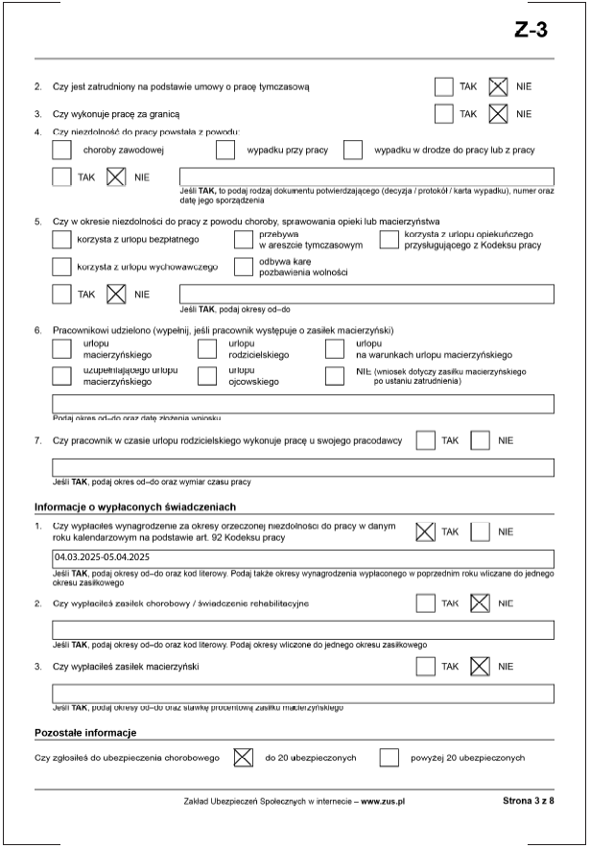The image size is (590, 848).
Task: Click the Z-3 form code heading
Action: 531,31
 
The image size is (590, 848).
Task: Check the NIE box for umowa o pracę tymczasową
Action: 499,87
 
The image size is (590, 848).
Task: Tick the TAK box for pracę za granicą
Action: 443,114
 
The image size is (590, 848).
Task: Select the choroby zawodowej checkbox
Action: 61,150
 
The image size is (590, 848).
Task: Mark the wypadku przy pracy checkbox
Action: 225,150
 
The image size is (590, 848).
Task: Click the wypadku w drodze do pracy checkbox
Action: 353,150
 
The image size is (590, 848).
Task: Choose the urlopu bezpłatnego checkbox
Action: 61,240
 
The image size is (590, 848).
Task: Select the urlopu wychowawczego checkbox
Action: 61,266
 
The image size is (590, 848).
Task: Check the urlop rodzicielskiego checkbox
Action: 207,348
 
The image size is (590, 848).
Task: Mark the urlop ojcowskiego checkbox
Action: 207,375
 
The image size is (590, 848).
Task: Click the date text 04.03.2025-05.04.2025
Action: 103,556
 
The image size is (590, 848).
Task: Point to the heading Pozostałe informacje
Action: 84,733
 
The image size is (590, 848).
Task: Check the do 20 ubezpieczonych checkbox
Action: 243,758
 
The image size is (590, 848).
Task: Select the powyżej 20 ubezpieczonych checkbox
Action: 389,758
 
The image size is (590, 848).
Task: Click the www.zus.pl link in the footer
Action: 382,800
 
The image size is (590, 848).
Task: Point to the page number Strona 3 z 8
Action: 528,800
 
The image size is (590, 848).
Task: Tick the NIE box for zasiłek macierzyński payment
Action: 481,667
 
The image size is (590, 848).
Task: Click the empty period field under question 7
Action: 302,468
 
